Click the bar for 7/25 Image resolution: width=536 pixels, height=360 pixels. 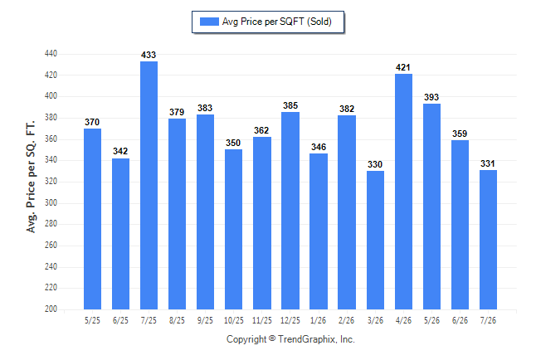[x=149, y=185]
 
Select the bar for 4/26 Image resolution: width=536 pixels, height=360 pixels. [x=403, y=192]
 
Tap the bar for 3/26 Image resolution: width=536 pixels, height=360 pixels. [x=375, y=240]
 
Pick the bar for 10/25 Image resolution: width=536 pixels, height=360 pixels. [x=233, y=230]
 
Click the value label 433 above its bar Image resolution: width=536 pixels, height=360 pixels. [x=149, y=55]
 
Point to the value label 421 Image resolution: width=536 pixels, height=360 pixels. [x=403, y=68]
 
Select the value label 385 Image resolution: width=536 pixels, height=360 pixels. [x=290, y=105]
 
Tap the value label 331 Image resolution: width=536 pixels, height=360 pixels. [x=488, y=163]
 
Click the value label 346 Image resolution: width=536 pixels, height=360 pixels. [x=319, y=147]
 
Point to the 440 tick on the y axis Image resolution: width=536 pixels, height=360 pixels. [x=51, y=54]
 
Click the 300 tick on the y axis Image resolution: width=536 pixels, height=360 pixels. [x=51, y=202]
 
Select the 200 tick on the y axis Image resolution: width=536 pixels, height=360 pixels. [x=51, y=309]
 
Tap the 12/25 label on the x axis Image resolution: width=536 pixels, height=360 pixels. [x=290, y=320]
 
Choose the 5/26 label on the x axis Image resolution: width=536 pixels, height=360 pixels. [x=431, y=320]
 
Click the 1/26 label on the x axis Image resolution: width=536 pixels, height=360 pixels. [x=319, y=320]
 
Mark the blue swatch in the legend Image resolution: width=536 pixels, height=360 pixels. [x=209, y=22]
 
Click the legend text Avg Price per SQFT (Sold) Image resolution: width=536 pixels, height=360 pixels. [x=277, y=22]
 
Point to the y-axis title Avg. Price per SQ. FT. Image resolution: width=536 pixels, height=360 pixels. [x=31, y=177]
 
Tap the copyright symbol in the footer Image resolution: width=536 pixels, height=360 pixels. [x=272, y=338]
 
